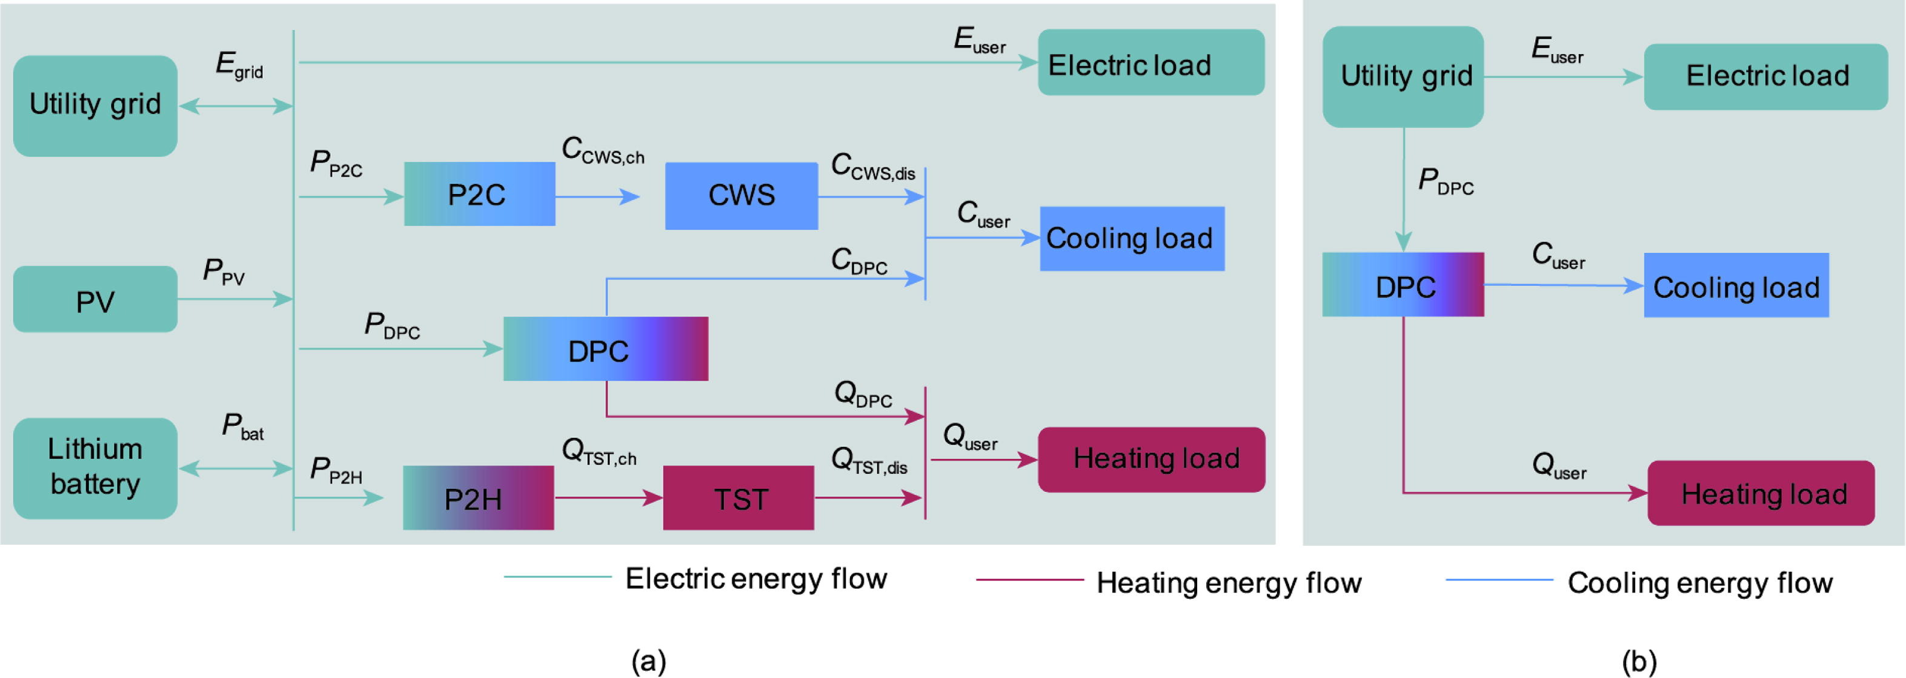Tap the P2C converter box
[x=479, y=194]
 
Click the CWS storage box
[x=742, y=196]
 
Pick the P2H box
[x=478, y=498]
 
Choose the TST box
[x=739, y=498]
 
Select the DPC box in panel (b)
[x=1403, y=285]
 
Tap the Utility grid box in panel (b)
[x=1403, y=76]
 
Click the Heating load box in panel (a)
[x=1151, y=459]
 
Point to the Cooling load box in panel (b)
[x=1736, y=286]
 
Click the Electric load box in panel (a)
[x=1151, y=63]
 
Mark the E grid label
[x=239, y=65]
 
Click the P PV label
[x=224, y=273]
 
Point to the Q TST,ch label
[x=599, y=451]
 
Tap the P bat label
[x=243, y=427]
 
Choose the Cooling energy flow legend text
[x=1699, y=583]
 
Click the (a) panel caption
[x=649, y=659]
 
